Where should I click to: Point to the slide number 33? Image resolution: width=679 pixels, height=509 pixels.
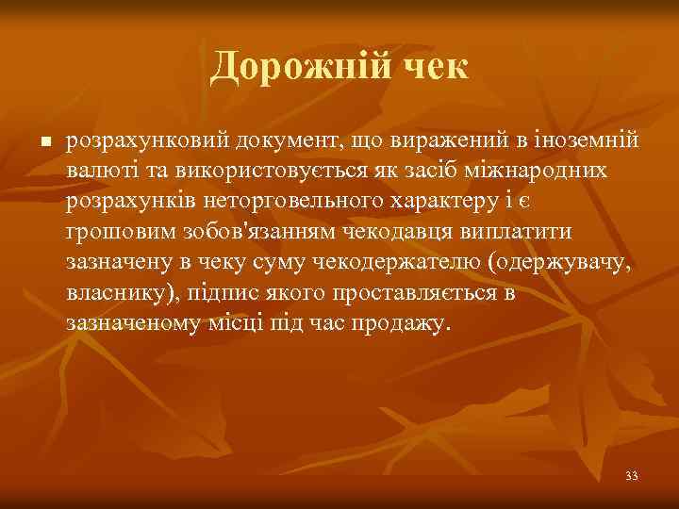pos(631,476)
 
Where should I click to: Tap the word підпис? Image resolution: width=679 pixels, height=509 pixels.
pos(240,293)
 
